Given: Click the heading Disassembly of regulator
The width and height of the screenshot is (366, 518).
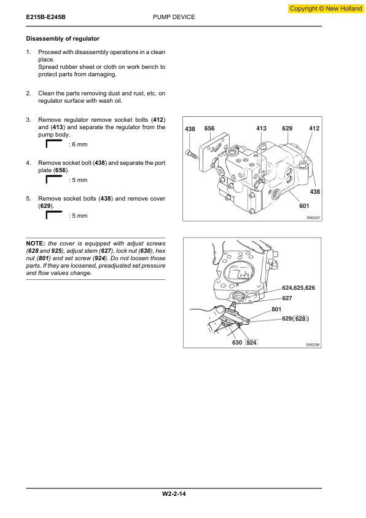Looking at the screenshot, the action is coord(63,39).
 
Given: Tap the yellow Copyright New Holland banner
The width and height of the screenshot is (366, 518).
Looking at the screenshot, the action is coord(325,9).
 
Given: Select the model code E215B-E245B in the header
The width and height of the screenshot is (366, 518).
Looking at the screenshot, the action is coord(46,17).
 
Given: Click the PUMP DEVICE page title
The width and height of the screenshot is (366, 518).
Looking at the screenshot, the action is coord(174,17).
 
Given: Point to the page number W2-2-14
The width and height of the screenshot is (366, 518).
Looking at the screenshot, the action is coord(174,494).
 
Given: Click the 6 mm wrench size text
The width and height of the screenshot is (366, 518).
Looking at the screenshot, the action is coord(78,145).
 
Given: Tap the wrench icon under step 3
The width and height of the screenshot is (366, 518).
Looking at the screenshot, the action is coord(54,144).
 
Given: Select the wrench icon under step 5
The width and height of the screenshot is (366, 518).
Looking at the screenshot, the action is coord(54,215).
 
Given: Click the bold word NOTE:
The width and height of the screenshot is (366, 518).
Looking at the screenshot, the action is coord(36,244).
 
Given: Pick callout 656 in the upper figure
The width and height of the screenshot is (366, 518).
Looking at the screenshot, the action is coord(209,128).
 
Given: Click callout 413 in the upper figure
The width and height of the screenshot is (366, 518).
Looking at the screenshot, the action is coord(261,128).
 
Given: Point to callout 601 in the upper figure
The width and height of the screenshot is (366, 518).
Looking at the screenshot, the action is coord(304,206).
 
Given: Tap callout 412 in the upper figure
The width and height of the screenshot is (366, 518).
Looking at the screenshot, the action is coord(314,128).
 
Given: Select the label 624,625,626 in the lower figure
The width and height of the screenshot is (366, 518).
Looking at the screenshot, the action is coord(298,288).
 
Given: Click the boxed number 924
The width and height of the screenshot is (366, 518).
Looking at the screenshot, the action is coord(251,342).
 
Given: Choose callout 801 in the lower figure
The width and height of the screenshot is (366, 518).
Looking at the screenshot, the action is coord(276,309).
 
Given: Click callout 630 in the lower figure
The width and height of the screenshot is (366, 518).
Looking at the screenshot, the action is coord(237,343).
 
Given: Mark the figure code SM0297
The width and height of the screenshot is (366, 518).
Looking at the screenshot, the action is coord(313,218).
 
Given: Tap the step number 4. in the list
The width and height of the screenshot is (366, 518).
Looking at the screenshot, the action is coord(29,163).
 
